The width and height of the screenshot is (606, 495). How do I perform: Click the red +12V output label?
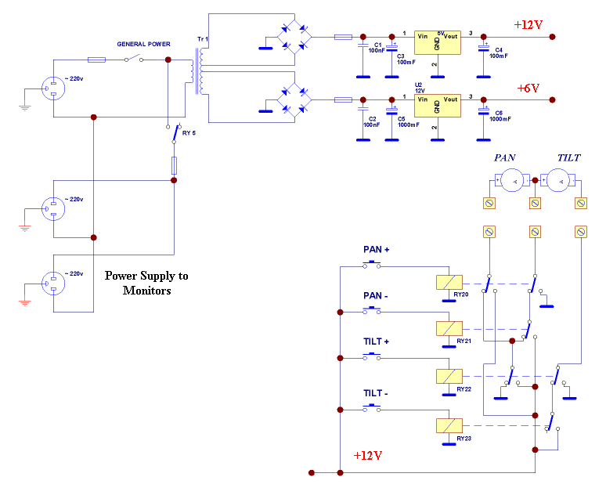pos(528,25)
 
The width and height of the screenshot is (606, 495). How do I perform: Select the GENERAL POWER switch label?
pos(143,44)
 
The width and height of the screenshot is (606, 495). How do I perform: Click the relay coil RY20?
pos(449,282)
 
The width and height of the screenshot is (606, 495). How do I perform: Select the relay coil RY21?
pos(449,328)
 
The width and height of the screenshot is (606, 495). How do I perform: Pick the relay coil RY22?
pos(449,375)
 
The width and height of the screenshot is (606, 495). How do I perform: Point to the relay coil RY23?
pos(449,425)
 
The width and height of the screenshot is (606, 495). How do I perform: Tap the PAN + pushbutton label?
pos(377,250)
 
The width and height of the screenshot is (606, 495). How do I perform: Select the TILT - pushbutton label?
pos(377,393)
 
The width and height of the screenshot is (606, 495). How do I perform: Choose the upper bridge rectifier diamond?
pos(296,36)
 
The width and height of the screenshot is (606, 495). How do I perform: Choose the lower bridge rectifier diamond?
pos(296,99)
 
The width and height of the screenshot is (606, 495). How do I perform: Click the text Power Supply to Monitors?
pos(146,283)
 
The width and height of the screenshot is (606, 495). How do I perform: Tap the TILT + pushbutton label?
pos(377,342)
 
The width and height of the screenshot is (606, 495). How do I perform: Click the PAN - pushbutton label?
pos(377,296)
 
